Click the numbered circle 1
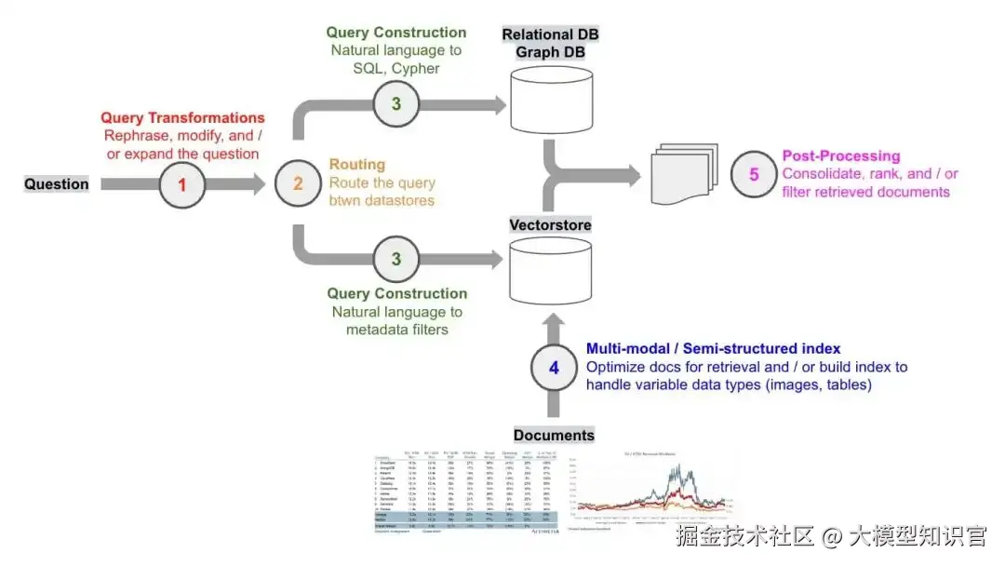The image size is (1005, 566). click(x=182, y=184)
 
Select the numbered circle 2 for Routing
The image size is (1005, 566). click(x=298, y=184)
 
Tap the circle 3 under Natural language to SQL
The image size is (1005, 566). click(x=396, y=104)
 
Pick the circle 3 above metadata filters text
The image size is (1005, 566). click(x=396, y=260)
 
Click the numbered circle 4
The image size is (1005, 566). click(x=555, y=368)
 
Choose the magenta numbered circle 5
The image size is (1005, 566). click(x=755, y=174)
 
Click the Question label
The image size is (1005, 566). click(x=57, y=184)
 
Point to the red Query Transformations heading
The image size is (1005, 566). click(x=182, y=118)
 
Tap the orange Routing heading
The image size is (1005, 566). click(x=356, y=165)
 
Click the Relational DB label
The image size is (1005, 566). click(x=550, y=34)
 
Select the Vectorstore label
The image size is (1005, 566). click(x=550, y=224)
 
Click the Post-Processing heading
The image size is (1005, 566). click(x=841, y=155)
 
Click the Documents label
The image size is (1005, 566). click(x=555, y=435)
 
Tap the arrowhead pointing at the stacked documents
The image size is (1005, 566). click(x=633, y=173)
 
